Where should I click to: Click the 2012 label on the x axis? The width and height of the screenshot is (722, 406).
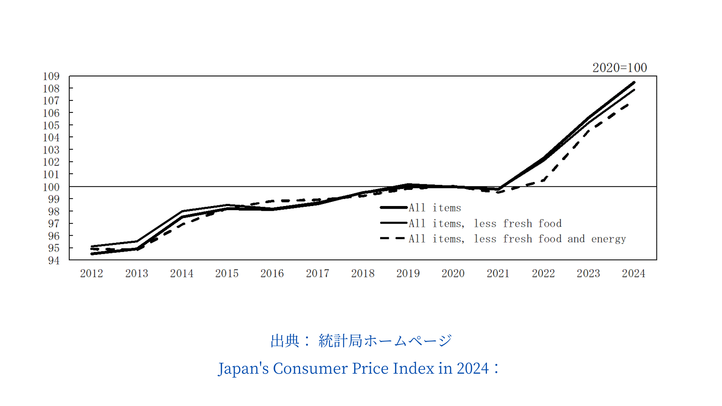[x=91, y=273]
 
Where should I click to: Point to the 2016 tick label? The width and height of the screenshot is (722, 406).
[x=272, y=273]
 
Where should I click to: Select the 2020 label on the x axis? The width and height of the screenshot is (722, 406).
[x=453, y=273]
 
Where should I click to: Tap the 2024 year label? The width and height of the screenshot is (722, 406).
[x=633, y=273]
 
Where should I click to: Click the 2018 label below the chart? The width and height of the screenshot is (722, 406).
[x=363, y=273]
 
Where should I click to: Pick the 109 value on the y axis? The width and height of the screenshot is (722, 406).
[x=51, y=76]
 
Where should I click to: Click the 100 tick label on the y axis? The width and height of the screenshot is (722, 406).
[x=51, y=187]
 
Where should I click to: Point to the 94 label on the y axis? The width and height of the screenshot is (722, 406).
[x=53, y=261]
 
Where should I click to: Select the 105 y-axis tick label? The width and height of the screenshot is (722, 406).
[x=51, y=125]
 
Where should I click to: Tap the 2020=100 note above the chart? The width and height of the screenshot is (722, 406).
[x=619, y=68]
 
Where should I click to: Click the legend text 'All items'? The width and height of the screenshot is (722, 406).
[x=435, y=208]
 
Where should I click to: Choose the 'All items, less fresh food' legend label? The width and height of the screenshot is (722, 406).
[x=485, y=224]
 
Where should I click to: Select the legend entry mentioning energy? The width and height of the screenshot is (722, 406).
[x=517, y=239]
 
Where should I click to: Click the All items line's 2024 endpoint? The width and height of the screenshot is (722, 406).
[x=634, y=82]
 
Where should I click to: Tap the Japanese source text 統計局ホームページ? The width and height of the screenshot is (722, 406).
[x=385, y=341]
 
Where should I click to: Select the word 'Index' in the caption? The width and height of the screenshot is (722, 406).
[x=413, y=368]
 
